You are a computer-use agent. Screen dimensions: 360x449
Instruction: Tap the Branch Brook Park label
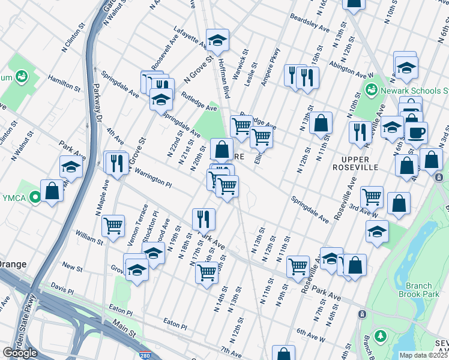click(418, 289)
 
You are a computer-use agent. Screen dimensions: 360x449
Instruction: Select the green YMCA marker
click(35, 196)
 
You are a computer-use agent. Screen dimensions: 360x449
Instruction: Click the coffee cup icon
click(416, 133)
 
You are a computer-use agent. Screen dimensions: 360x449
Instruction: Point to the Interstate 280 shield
click(145, 355)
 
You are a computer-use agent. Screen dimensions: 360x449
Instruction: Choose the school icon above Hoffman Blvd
click(217, 40)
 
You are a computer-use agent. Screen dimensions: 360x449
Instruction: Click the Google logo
click(20, 353)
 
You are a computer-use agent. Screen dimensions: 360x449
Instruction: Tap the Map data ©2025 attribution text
click(424, 355)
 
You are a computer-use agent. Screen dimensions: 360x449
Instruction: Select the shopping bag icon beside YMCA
click(52, 191)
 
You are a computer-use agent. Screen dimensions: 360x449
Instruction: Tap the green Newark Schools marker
click(372, 91)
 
